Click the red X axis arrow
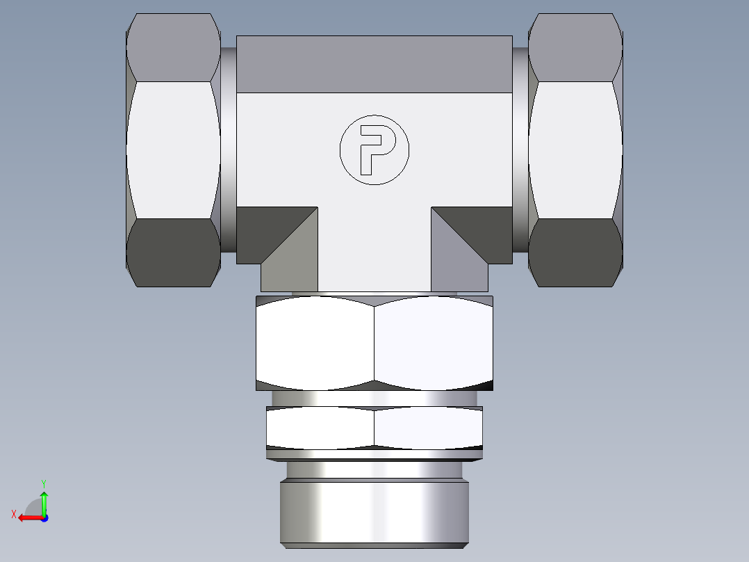(x=27, y=517)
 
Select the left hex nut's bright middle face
(x=173, y=150)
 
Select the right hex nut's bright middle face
(x=575, y=150)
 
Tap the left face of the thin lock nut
(x=320, y=427)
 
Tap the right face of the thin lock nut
(x=428, y=427)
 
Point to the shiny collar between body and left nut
(x=229, y=150)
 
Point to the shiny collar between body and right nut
(x=520, y=150)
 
